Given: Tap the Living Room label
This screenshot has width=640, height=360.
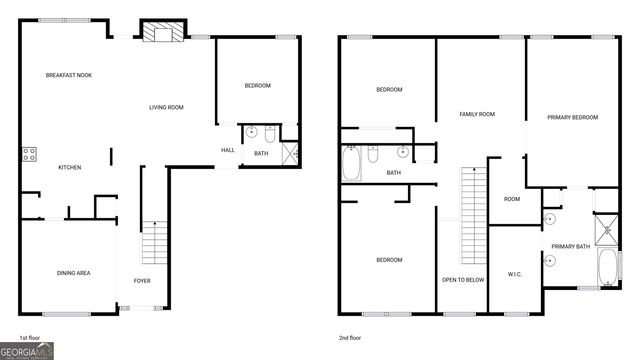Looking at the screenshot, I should point(166,108).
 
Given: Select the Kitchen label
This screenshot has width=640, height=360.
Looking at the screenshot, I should point(69,167).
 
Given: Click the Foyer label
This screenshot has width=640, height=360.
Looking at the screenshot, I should point(142,281).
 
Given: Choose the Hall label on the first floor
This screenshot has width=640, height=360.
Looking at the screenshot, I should point(227,151).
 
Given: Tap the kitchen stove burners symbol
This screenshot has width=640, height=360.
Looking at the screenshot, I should point(29,154).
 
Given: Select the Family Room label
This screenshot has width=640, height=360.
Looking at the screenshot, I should point(478,114).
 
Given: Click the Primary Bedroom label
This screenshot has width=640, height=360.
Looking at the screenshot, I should point(572,117).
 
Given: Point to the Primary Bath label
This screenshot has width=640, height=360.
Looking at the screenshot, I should point(570,246).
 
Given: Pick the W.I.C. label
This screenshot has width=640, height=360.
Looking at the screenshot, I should point(515,274).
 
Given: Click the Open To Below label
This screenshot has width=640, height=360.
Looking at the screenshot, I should point(463,280).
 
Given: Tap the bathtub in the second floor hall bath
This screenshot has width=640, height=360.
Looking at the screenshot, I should point(352,164).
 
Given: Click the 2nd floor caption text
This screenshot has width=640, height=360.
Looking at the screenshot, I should point(354,338).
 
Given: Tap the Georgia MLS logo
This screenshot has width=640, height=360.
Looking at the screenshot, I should point(27,351).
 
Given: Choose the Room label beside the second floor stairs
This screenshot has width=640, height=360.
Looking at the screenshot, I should point(511,199).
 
